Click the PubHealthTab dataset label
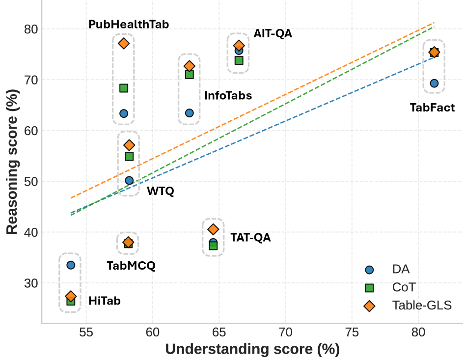(129, 24)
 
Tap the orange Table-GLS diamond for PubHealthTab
(124, 43)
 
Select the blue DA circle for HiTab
(71, 265)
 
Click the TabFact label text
(432, 108)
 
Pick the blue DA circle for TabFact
(434, 83)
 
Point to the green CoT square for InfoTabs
(189, 75)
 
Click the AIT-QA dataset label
(273, 34)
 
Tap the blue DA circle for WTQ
(129, 180)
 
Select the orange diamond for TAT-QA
(213, 229)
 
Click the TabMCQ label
(131, 266)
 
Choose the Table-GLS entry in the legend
(421, 305)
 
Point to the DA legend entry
(401, 269)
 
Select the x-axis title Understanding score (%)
(252, 349)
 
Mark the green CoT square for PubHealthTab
(124, 88)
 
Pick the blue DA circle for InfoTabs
(189, 113)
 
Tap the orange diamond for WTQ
(129, 145)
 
